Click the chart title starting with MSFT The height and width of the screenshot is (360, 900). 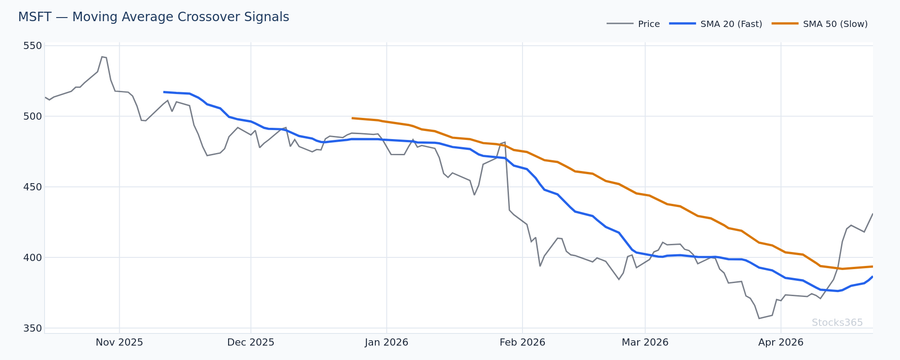tap(153, 17)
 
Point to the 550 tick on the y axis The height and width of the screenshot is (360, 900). tap(32, 46)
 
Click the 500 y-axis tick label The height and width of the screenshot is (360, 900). tap(32, 116)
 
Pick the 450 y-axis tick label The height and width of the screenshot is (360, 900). tap(32, 187)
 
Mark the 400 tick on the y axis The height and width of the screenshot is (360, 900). tap(32, 257)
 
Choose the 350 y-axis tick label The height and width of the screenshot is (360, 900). tap(32, 328)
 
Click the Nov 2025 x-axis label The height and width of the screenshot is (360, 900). tap(119, 342)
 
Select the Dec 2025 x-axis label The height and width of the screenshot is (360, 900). tap(251, 342)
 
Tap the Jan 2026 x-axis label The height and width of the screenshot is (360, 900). tap(387, 342)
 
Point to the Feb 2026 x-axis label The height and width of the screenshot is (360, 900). tap(522, 342)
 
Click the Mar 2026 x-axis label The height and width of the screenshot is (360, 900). tap(645, 342)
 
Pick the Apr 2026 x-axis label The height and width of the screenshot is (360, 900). tap(781, 342)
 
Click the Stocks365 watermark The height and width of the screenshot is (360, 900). tap(837, 323)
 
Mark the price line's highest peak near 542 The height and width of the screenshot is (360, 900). tap(102, 57)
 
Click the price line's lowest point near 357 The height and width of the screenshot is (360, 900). tap(759, 319)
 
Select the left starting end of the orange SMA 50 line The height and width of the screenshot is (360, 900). tap(352, 118)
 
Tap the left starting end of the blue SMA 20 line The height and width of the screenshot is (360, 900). tap(164, 92)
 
